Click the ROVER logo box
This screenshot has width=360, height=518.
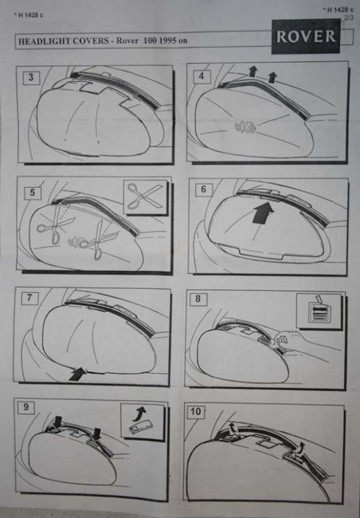tap(305, 36)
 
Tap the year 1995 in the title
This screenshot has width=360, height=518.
tap(168, 40)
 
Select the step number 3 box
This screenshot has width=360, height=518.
tap(31, 78)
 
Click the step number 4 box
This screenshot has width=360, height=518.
tap(201, 77)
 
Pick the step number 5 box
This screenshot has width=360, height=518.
tap(32, 192)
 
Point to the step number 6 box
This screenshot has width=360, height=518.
tap(204, 189)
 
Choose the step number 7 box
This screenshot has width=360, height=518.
tap(30, 298)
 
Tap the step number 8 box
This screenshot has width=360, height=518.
tap(198, 299)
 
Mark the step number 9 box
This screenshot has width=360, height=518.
tap(26, 407)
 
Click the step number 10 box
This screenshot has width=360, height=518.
tap(196, 411)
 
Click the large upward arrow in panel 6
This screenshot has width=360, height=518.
tap(263, 213)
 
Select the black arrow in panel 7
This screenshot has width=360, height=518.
tap(77, 375)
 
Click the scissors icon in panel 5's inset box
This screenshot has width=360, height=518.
tap(145, 197)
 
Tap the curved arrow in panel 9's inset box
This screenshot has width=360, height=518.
tap(140, 414)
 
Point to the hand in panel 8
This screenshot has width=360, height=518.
tap(287, 339)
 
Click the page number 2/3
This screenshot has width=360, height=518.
tap(348, 18)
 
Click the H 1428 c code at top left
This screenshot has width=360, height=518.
tap(29, 15)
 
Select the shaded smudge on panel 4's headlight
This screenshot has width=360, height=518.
tap(245, 127)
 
